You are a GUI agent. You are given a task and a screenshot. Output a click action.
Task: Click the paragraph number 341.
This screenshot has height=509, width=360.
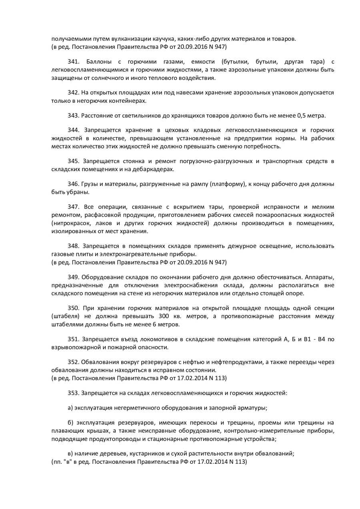coord(73,62)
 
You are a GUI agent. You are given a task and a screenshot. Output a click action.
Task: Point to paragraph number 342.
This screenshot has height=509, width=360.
coord(73,93)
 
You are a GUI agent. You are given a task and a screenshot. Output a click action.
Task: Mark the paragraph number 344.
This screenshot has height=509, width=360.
coord(73,130)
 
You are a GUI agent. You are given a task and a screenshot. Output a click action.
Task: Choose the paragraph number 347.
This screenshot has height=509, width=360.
coord(73,207)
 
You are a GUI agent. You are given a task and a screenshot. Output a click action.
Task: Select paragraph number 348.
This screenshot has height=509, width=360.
coord(73,246)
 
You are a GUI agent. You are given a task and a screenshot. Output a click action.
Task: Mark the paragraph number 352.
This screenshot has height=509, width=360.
coord(73,362)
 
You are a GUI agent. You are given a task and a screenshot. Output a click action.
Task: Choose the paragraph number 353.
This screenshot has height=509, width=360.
coord(73,393)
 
